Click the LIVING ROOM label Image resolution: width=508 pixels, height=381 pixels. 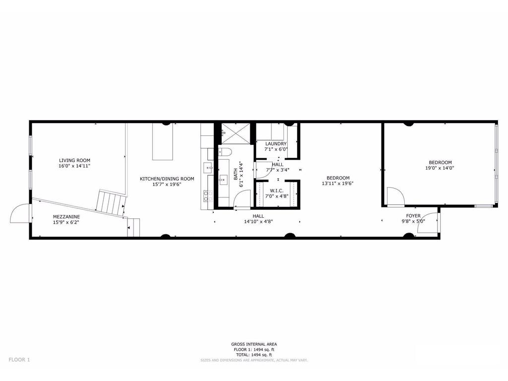[74, 160]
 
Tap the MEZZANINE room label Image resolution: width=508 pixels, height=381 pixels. [66, 217]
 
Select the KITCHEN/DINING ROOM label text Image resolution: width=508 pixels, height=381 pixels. [167, 179]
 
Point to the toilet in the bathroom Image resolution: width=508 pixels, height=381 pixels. [224, 152]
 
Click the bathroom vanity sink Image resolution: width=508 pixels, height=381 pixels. [223, 180]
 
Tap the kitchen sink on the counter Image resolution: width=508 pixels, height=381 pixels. [208, 168]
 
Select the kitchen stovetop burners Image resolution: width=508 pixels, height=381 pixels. [208, 195]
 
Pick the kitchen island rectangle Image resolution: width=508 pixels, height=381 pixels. [163, 141]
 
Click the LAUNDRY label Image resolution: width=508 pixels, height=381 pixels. [276, 144]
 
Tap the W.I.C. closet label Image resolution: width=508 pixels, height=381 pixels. [276, 191]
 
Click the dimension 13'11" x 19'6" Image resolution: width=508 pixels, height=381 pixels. [337, 184]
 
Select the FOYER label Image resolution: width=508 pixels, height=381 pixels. [413, 216]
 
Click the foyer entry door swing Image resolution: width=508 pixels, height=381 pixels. [428, 223]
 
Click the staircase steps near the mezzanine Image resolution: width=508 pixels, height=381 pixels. [111, 202]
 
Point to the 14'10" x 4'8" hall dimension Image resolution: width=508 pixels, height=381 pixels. [258, 222]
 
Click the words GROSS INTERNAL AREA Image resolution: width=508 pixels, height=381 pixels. [254, 344]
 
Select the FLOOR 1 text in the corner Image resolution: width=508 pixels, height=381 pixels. [19, 360]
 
